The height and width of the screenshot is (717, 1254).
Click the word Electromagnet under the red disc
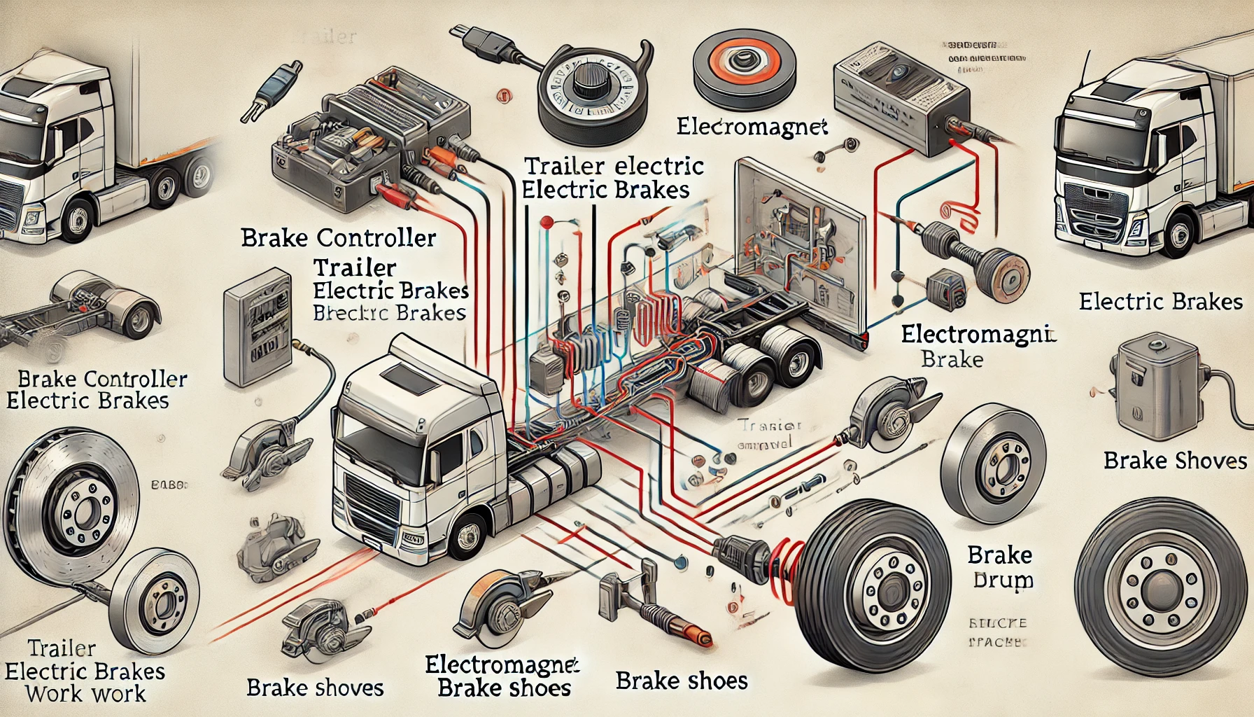(752, 127)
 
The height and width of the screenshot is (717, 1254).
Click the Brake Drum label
(1001, 567)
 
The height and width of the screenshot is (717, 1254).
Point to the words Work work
(85, 694)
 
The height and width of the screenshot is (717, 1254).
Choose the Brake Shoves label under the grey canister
(1175, 461)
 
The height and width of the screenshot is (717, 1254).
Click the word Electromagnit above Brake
(978, 335)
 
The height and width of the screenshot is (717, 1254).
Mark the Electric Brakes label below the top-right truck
(1160, 302)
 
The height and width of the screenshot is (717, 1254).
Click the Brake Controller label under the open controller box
(339, 238)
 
